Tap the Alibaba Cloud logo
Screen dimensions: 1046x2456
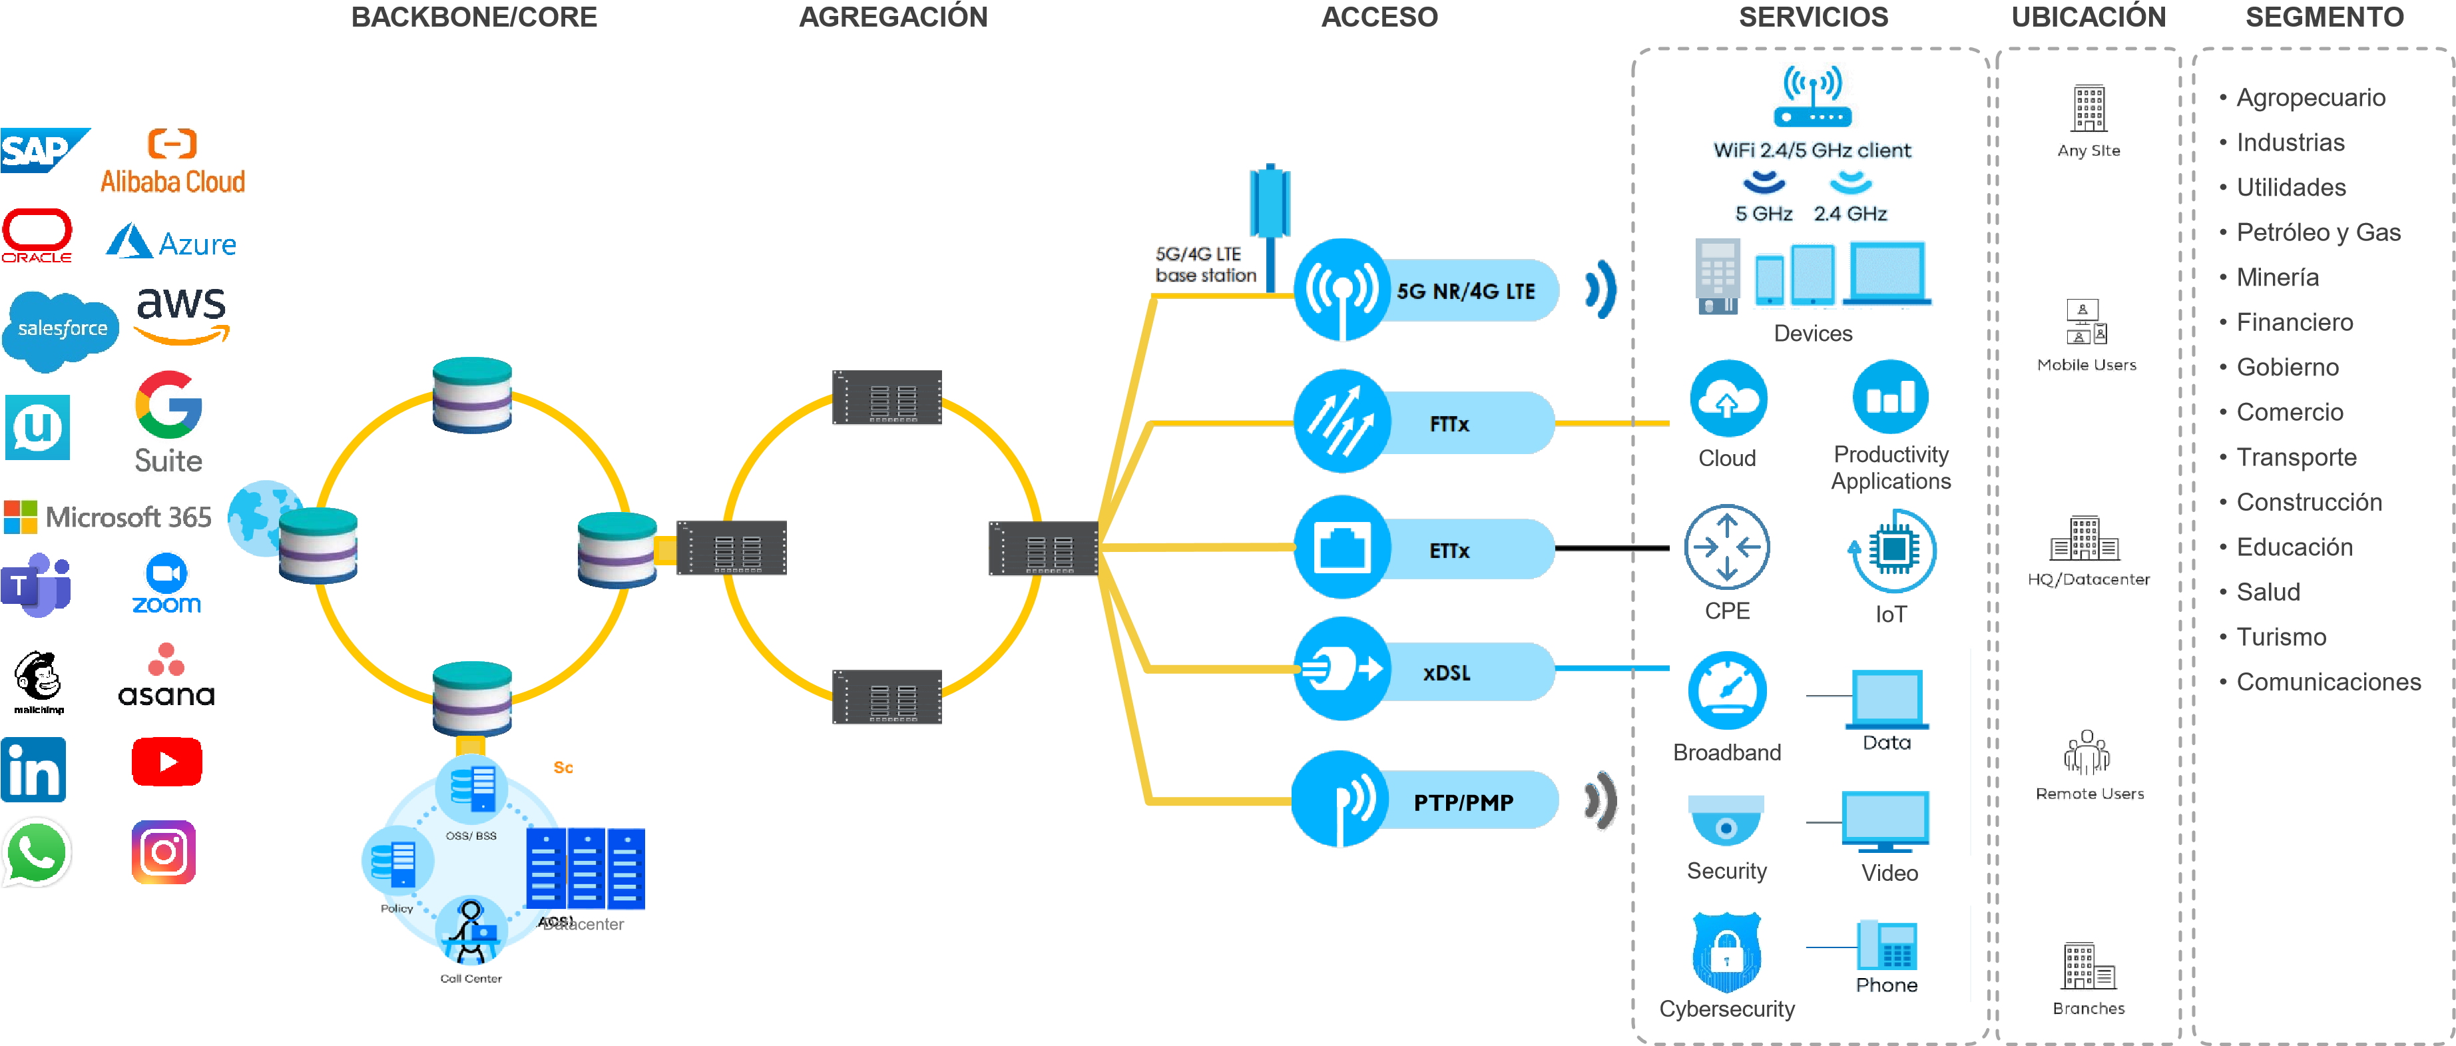tap(172, 162)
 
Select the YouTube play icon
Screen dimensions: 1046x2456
tap(167, 762)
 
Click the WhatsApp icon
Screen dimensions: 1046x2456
tap(36, 852)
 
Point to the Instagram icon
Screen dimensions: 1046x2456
tap(164, 852)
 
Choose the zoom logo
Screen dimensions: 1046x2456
tap(167, 583)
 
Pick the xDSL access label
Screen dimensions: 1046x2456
tap(1446, 673)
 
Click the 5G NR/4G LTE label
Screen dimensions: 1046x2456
tap(1465, 292)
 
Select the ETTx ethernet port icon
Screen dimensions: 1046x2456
tap(1342, 548)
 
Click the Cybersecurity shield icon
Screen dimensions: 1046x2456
tap(1726, 953)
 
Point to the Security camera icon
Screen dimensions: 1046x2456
tap(1726, 819)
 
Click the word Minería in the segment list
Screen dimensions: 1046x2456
tap(2277, 278)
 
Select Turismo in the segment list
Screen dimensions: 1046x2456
tap(2281, 637)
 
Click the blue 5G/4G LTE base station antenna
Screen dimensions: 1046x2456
tap(1270, 202)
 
